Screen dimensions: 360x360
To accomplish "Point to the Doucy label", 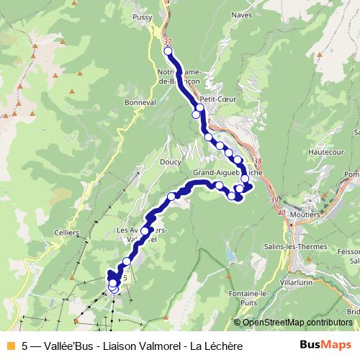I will (170, 163).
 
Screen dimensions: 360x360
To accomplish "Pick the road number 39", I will (272, 199).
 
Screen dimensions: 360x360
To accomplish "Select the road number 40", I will (281, 213).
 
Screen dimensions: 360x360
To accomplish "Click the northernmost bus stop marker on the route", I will (168, 51).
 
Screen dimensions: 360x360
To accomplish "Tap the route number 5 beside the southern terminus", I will (125, 276).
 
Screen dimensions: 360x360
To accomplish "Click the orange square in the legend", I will (10, 346).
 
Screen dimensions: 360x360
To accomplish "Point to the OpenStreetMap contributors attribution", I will (297, 322).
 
